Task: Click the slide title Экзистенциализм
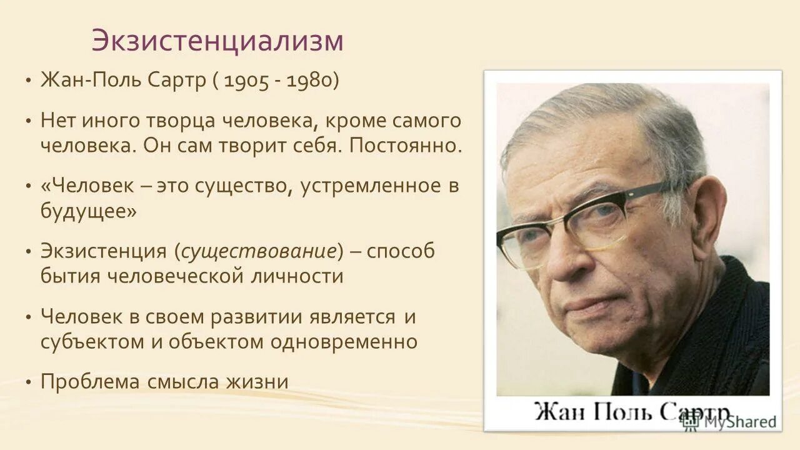point(217,41)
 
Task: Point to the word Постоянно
point(406,146)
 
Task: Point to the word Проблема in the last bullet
point(90,381)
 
